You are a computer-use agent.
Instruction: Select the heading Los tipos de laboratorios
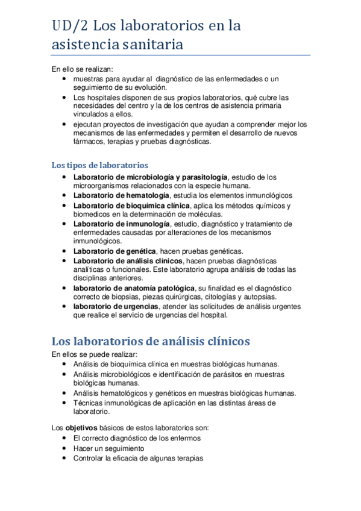coord(99,165)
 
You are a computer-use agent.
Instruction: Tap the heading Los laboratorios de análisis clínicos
coord(150,340)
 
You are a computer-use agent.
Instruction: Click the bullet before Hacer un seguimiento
coord(65,448)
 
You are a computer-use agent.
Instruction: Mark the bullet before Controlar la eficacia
coord(65,458)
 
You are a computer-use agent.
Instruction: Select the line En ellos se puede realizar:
coord(95,354)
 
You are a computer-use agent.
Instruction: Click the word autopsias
coord(260,297)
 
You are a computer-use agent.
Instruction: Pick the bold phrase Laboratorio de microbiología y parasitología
coord(150,177)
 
